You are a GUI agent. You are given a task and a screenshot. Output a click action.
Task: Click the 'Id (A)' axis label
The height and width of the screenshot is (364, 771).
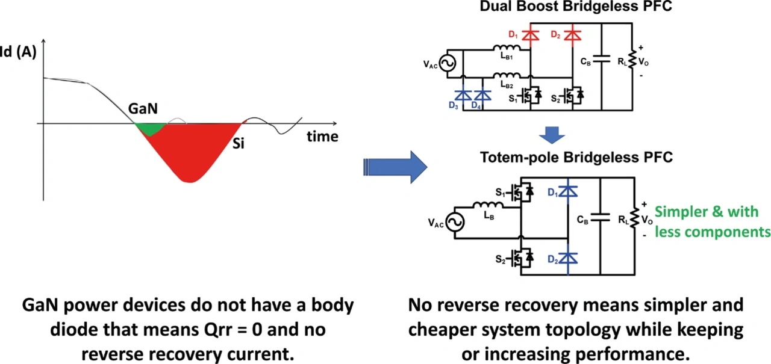point(19,52)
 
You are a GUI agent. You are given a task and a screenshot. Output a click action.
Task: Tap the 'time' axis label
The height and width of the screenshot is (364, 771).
point(322,136)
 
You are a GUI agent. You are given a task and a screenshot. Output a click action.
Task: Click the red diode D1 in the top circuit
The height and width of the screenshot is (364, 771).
point(530,35)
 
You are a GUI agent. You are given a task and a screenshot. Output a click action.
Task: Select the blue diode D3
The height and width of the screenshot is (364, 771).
point(463,94)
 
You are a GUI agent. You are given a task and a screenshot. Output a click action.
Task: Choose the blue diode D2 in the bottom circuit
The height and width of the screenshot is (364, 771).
point(568,258)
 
